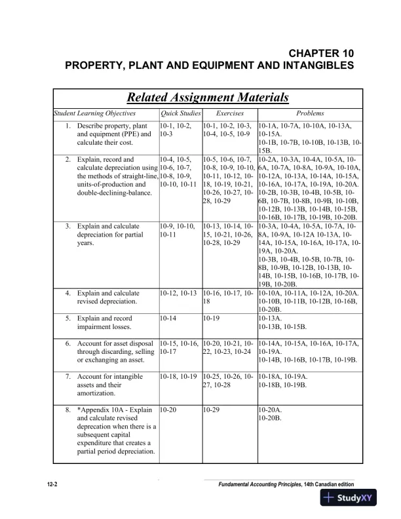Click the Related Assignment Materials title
pyautogui.click(x=208, y=98)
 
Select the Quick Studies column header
pyautogui.click(x=180, y=113)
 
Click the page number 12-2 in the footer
pyautogui.click(x=53, y=484)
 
